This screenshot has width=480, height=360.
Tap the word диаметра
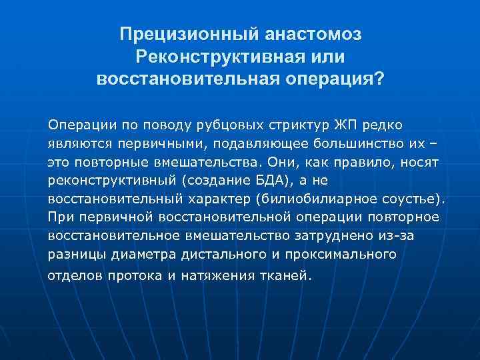(126, 254)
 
